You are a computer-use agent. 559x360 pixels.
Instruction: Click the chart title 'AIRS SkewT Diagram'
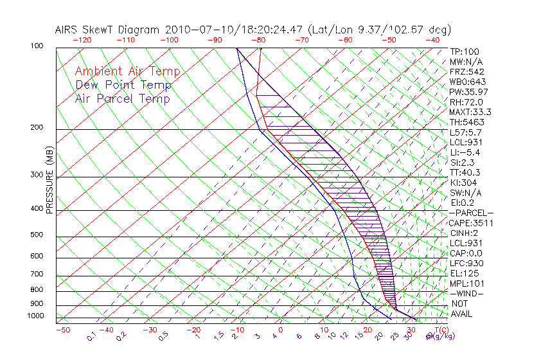(109, 30)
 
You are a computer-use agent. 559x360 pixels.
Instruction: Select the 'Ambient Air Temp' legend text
(127, 71)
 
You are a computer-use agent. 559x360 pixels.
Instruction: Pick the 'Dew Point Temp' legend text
(123, 85)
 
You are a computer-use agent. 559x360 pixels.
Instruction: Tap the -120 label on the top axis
(82, 40)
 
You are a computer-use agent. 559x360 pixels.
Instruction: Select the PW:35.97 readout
(468, 92)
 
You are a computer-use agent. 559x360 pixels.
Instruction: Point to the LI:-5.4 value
(465, 152)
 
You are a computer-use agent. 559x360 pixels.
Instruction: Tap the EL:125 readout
(463, 273)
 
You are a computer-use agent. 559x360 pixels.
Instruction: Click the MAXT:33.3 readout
(470, 112)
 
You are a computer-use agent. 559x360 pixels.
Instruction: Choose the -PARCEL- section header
(471, 213)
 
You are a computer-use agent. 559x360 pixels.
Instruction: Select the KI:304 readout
(463, 183)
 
